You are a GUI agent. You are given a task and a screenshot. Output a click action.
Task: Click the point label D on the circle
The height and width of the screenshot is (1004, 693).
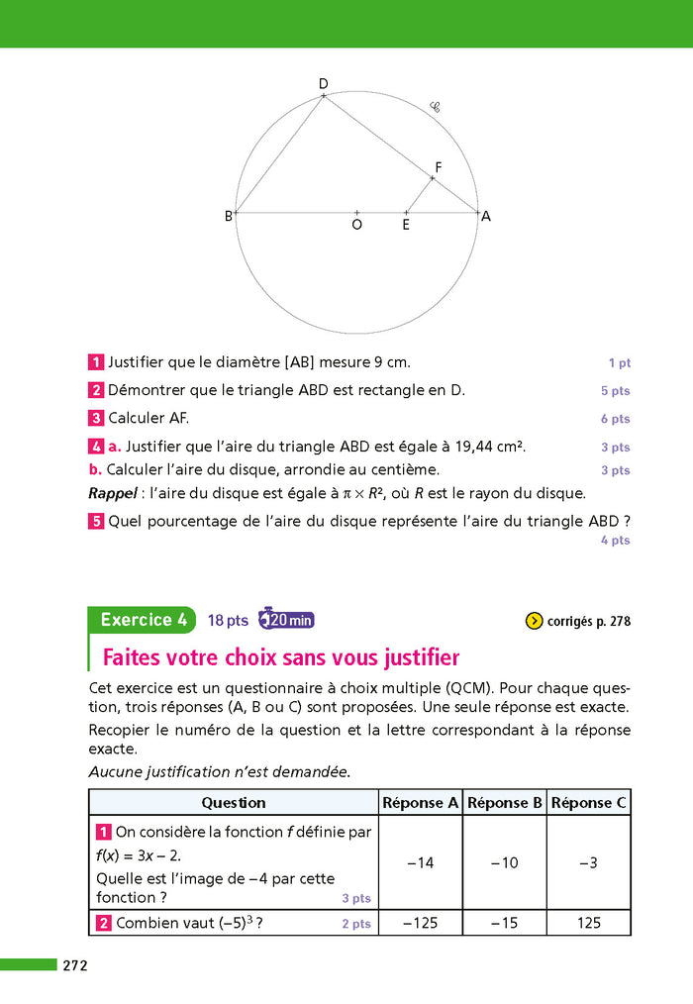[323, 84]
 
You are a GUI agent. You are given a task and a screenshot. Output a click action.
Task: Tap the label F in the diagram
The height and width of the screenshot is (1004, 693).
[439, 167]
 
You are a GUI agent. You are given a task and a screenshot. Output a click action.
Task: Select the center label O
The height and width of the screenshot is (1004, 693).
[356, 225]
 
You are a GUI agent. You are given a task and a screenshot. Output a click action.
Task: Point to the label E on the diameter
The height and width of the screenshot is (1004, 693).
[406, 225]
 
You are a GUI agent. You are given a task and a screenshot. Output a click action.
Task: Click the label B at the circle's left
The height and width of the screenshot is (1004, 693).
[228, 216]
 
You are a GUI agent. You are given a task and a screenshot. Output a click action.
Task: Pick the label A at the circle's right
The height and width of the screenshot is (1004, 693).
[486, 216]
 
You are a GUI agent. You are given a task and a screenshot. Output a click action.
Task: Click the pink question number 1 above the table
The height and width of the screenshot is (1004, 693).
[97, 362]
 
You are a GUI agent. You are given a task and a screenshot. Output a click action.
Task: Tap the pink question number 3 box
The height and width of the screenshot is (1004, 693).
[97, 418]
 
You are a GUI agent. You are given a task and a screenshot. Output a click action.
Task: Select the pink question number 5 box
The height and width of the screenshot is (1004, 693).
[97, 521]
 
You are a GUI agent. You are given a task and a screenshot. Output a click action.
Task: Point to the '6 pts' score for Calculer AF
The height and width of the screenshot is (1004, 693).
[615, 419]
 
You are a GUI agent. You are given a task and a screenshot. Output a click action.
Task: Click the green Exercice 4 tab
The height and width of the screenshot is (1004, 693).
[143, 620]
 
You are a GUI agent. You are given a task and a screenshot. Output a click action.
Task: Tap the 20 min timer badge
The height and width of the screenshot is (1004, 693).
[286, 621]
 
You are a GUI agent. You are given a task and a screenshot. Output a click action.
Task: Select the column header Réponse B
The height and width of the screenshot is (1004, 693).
[505, 803]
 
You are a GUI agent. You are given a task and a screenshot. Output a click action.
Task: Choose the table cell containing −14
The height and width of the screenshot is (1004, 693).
[421, 863]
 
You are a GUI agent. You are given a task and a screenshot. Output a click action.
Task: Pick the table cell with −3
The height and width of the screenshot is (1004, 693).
[588, 863]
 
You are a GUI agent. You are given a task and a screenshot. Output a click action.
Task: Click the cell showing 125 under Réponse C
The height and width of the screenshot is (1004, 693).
[588, 923]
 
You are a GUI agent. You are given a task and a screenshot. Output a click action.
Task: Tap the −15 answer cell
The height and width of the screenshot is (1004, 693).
[505, 923]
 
